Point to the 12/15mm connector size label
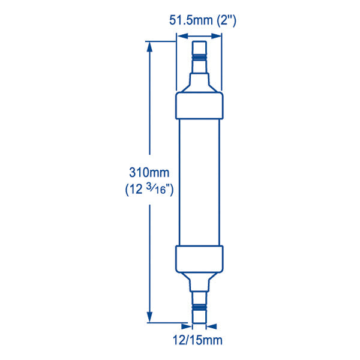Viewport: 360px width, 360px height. click(199, 340)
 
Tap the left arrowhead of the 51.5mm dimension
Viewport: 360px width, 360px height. click(178, 35)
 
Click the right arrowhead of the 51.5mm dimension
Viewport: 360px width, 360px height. click(219, 35)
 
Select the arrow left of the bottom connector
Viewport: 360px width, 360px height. click(187, 327)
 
